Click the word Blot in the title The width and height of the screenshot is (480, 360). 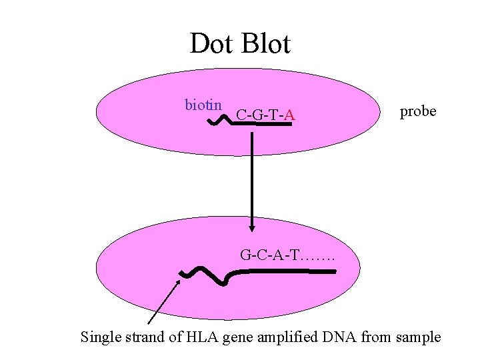(x=266, y=45)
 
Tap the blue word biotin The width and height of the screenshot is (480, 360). (x=203, y=105)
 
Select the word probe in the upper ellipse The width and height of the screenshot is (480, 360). (x=418, y=111)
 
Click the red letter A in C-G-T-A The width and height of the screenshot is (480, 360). (x=290, y=117)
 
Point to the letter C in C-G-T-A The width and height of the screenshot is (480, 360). (x=241, y=117)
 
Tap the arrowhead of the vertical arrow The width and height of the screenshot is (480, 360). (x=252, y=224)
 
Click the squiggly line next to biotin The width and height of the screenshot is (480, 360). (x=219, y=120)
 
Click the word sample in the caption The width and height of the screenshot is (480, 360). (x=418, y=337)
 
